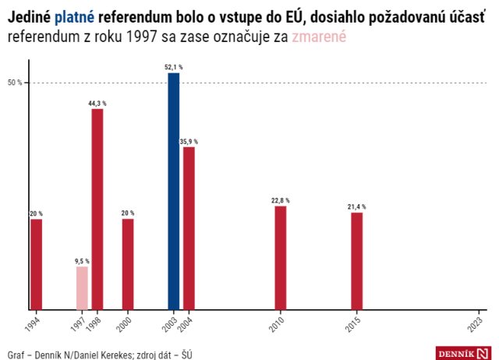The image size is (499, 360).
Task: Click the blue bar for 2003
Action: click(x=173, y=191)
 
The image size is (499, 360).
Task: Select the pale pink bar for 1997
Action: click(x=82, y=288)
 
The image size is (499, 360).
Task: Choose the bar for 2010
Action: click(x=280, y=257)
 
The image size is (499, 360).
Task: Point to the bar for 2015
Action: click(x=356, y=260)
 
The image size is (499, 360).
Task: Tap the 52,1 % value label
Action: click(x=174, y=67)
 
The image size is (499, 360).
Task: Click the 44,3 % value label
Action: click(x=97, y=103)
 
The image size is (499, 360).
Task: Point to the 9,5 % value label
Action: click(x=82, y=261)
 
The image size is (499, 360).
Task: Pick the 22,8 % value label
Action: click(x=280, y=200)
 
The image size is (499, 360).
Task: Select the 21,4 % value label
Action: click(x=356, y=206)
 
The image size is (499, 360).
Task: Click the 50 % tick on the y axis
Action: click(x=14, y=83)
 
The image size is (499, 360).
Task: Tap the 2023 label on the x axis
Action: click(x=475, y=323)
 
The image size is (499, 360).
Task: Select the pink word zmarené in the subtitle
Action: click(x=317, y=37)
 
